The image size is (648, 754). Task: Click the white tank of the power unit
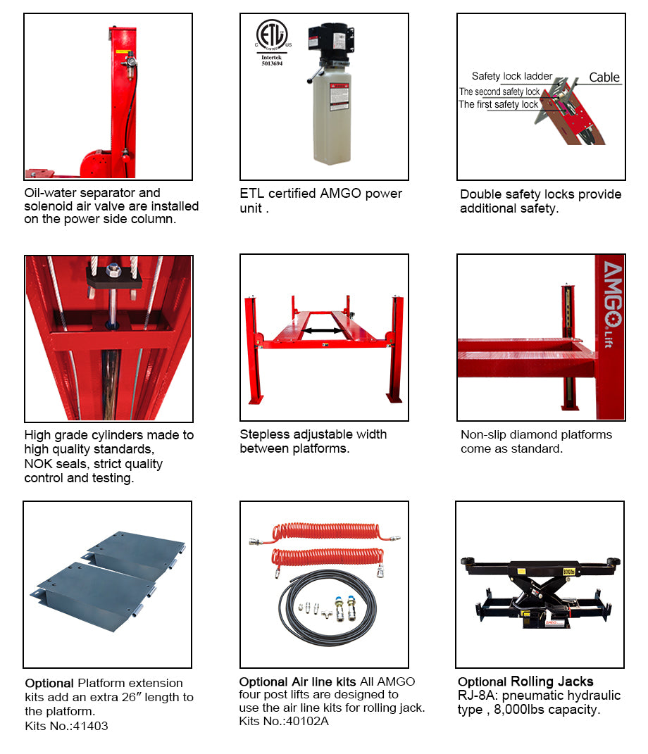click(332, 116)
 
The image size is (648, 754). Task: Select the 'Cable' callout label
click(604, 78)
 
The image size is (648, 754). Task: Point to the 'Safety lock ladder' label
click(511, 76)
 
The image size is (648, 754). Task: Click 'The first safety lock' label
click(499, 105)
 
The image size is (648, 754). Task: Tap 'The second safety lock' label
click(499, 92)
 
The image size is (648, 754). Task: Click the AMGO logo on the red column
click(610, 296)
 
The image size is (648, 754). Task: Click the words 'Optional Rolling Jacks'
click(525, 681)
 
